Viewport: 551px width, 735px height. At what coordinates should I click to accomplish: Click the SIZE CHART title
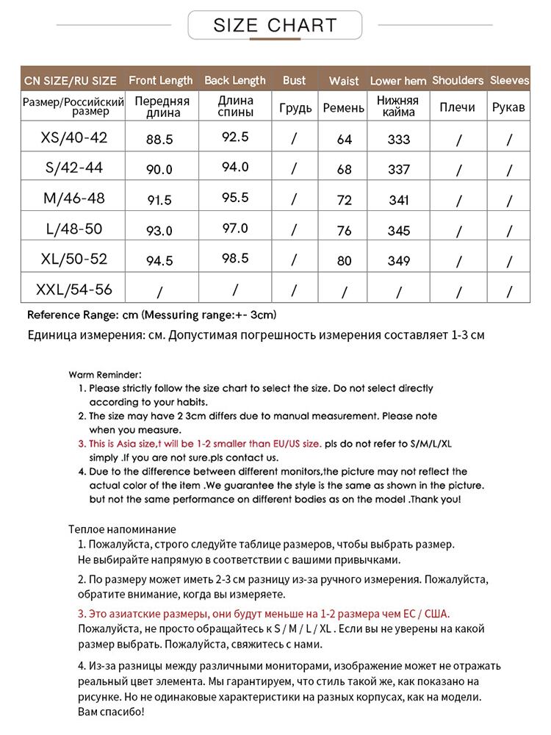click(275, 26)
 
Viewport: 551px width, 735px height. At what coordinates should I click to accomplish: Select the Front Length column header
click(160, 80)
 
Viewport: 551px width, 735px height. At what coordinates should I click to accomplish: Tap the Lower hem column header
click(398, 81)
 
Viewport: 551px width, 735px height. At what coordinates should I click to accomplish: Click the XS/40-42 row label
click(73, 137)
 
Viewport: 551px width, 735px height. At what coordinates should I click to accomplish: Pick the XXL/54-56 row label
click(73, 290)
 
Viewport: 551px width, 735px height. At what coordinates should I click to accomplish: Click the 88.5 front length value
click(159, 138)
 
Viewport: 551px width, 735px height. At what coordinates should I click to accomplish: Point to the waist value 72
click(344, 199)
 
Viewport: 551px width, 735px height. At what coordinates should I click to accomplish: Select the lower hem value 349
click(399, 260)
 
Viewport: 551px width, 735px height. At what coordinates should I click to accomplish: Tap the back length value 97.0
click(235, 228)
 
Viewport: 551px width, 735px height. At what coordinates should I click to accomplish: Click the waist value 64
click(344, 139)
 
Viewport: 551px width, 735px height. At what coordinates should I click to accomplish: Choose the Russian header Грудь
click(295, 108)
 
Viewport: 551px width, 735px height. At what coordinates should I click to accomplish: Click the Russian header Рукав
click(508, 107)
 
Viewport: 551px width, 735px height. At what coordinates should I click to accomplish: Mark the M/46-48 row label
click(73, 198)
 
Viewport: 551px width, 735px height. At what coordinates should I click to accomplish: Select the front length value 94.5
click(159, 261)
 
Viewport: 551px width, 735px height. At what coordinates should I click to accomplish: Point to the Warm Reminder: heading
click(105, 373)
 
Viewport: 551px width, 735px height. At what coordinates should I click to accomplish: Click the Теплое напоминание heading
click(122, 528)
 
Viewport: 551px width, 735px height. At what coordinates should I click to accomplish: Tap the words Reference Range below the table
click(71, 315)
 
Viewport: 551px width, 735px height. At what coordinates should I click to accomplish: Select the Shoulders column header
click(458, 80)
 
